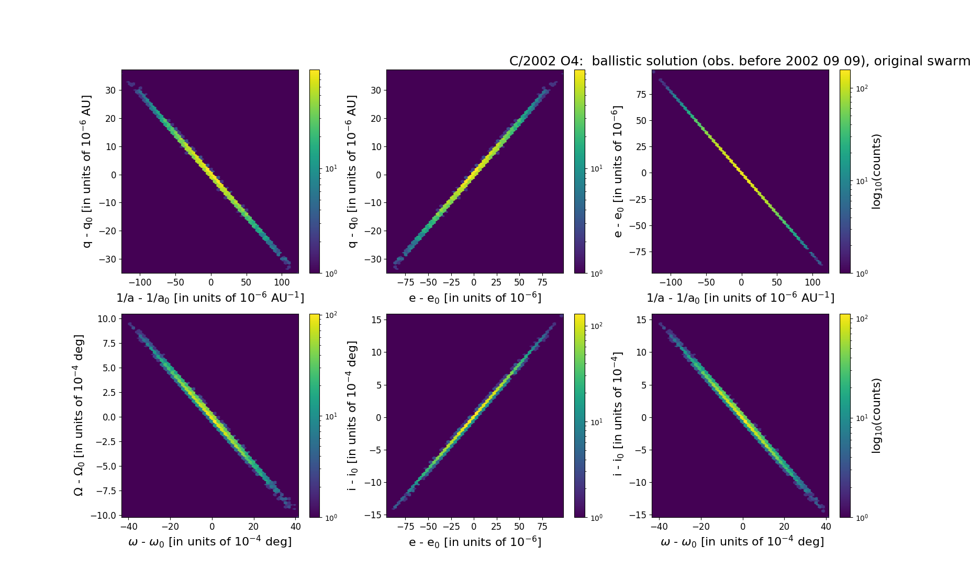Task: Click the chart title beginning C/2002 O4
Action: [x=739, y=61]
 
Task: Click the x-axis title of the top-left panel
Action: [x=210, y=298]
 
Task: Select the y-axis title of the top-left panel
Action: [x=87, y=171]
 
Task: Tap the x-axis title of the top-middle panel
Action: [x=475, y=298]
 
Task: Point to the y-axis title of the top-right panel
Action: [x=618, y=171]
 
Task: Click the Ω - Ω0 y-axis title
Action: [x=79, y=415]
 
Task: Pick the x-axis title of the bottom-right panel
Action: [x=742, y=542]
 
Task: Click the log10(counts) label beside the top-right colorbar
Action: [x=876, y=172]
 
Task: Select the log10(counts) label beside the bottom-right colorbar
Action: [x=876, y=415]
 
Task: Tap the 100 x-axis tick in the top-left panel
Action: [x=282, y=282]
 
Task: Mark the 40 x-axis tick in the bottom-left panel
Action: [x=295, y=527]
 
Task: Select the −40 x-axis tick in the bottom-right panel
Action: [x=660, y=527]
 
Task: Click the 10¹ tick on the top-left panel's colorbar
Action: [x=331, y=168]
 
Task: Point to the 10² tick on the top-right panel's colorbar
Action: [x=862, y=89]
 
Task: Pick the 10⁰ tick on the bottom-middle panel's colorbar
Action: [x=596, y=517]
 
